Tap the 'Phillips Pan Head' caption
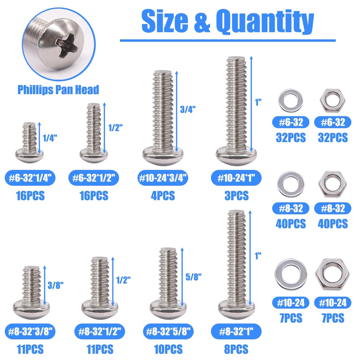[58, 90]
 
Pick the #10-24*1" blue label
[237, 179]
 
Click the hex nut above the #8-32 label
[333, 184]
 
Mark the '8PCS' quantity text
[236, 349]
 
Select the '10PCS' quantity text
[168, 349]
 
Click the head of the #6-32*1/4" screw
[30, 153]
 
